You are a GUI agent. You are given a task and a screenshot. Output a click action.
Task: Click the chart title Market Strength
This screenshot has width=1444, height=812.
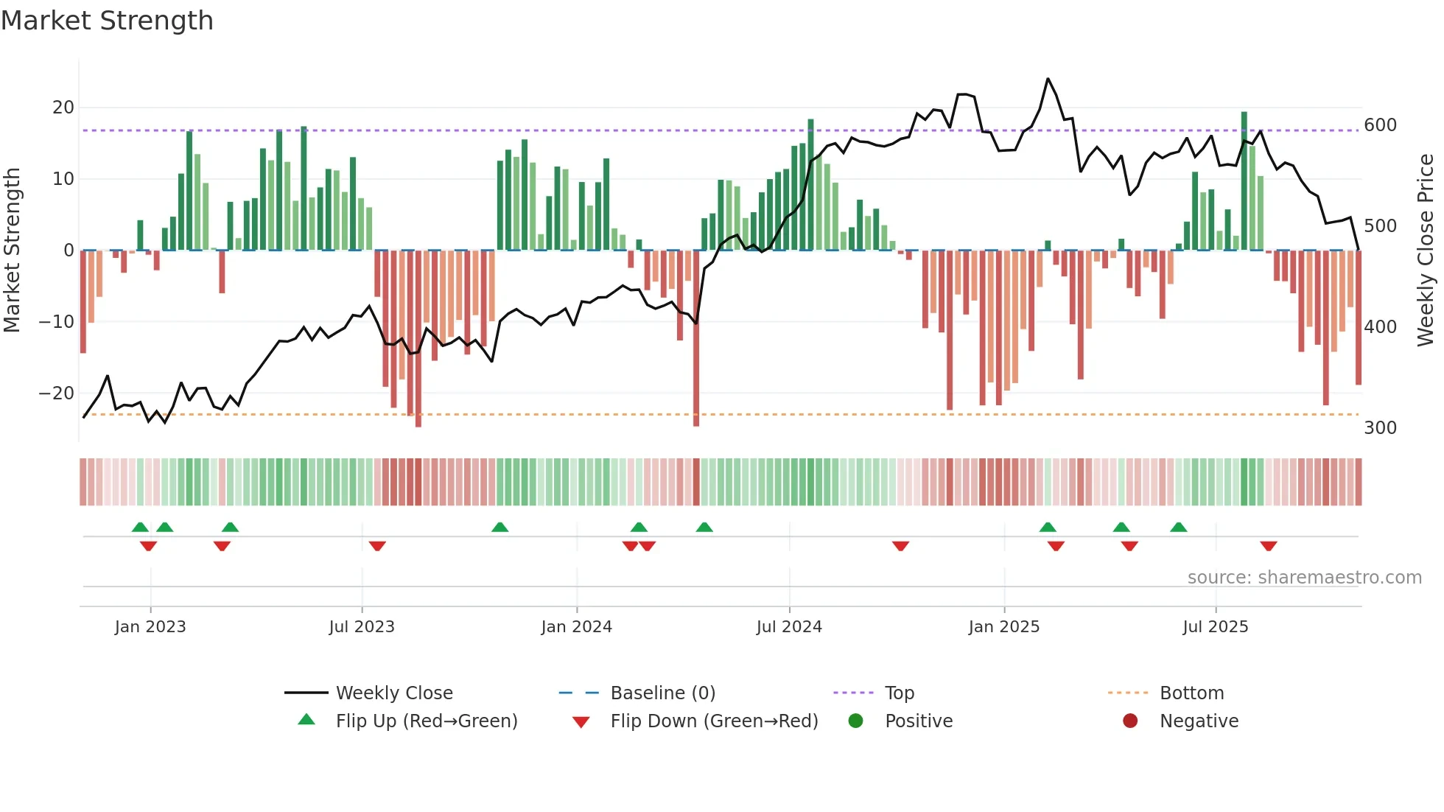tap(107, 21)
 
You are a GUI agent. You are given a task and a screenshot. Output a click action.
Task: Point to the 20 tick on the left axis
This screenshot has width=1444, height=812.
tap(63, 108)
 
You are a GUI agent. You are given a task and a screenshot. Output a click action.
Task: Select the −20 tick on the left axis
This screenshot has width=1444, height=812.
tap(57, 393)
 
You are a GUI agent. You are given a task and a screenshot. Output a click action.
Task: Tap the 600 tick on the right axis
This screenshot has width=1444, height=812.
tap(1380, 125)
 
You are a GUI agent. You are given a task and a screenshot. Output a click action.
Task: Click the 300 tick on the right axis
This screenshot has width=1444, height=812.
tap(1380, 428)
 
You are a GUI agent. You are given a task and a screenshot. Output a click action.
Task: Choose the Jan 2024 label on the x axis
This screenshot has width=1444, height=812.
tap(576, 627)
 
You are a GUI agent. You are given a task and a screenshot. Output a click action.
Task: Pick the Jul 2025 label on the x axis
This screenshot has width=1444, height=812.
tap(1215, 627)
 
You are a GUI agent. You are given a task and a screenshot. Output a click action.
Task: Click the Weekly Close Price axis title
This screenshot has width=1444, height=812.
tap(1426, 251)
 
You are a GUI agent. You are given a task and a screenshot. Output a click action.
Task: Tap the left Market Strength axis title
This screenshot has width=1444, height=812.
tap(12, 251)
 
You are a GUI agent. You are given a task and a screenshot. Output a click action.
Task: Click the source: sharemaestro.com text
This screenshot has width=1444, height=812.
tap(1304, 578)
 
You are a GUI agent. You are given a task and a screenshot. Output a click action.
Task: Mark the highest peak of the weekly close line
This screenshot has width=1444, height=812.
tap(1048, 79)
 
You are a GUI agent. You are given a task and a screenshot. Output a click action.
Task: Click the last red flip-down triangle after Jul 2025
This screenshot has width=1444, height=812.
tap(1268, 546)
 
